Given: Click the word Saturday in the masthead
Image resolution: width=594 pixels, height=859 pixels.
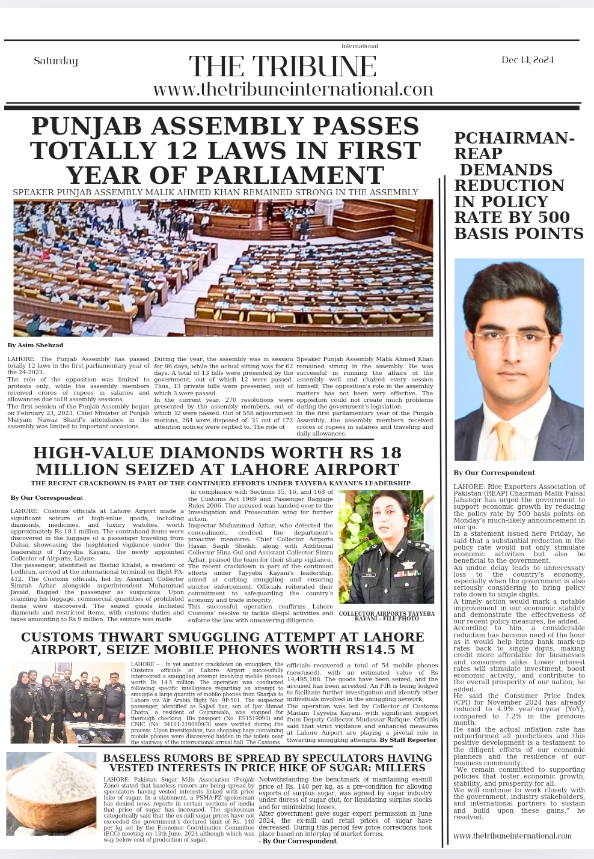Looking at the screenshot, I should pos(56,61).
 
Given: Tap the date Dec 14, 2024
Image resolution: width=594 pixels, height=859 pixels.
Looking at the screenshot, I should pos(527,60).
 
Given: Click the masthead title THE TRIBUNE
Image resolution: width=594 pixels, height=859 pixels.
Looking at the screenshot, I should pos(283,66).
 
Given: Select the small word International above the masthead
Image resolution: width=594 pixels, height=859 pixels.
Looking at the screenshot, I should pos(360,46).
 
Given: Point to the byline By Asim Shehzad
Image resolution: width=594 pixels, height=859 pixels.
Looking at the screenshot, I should pos(35,345).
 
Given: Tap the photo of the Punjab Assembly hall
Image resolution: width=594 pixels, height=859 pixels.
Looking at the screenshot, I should pos(223,268).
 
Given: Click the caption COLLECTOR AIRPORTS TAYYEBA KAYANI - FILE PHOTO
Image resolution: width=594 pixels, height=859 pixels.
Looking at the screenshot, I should pos(386,616).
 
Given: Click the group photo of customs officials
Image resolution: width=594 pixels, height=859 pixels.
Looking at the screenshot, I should pos(67,703).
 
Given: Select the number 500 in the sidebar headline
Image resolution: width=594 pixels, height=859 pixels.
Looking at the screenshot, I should pos(553,217).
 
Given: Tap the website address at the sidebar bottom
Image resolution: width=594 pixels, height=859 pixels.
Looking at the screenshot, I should pos(512,836).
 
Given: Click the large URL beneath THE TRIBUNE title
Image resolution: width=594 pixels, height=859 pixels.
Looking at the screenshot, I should pos(293,90).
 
